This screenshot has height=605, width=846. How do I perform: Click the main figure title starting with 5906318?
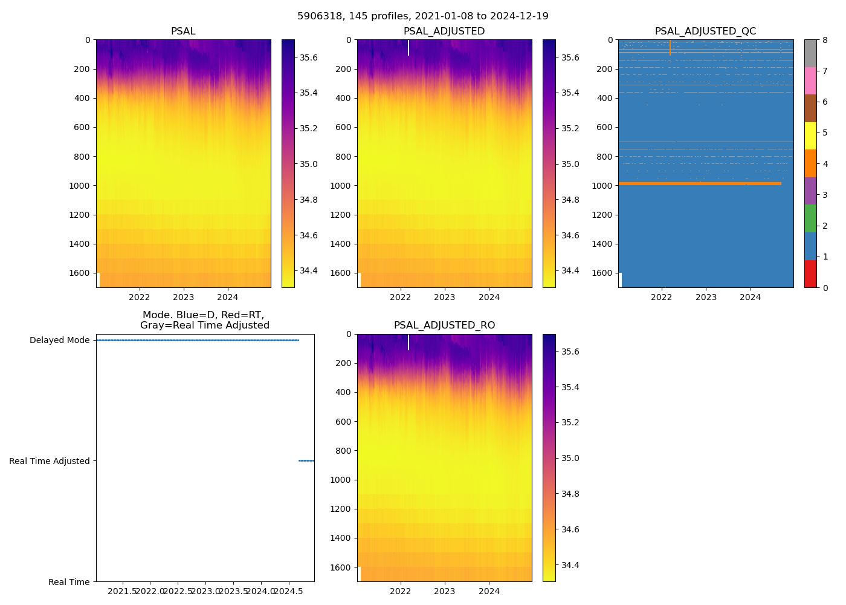pyautogui.click(x=422, y=16)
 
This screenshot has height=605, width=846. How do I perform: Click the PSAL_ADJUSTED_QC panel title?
pyautogui.click(x=705, y=31)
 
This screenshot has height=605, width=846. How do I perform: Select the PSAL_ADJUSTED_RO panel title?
pyautogui.click(x=444, y=325)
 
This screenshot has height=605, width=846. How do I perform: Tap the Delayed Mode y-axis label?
pyautogui.click(x=59, y=341)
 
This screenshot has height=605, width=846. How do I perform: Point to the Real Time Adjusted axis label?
pyautogui.click(x=49, y=461)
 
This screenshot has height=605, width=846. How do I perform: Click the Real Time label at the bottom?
pyautogui.click(x=69, y=582)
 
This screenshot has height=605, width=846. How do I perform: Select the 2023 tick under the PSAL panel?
pyautogui.click(x=183, y=297)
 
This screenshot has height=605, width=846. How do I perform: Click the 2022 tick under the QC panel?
pyautogui.click(x=662, y=297)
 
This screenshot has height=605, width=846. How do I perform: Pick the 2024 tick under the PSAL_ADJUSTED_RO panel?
pyautogui.click(x=489, y=591)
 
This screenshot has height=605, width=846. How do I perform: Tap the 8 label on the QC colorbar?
pyautogui.click(x=825, y=40)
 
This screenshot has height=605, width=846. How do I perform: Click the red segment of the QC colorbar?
pyautogui.click(x=810, y=273)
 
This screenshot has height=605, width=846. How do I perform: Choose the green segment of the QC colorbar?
pyautogui.click(x=810, y=218)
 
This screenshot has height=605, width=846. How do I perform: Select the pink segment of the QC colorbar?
pyautogui.click(x=810, y=80)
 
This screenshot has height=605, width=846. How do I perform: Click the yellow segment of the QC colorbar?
pyautogui.click(x=810, y=136)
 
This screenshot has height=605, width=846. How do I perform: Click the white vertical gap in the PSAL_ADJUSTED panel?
pyautogui.click(x=408, y=48)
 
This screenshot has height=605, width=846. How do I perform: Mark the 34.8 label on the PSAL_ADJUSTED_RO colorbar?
pyautogui.click(x=570, y=494)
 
